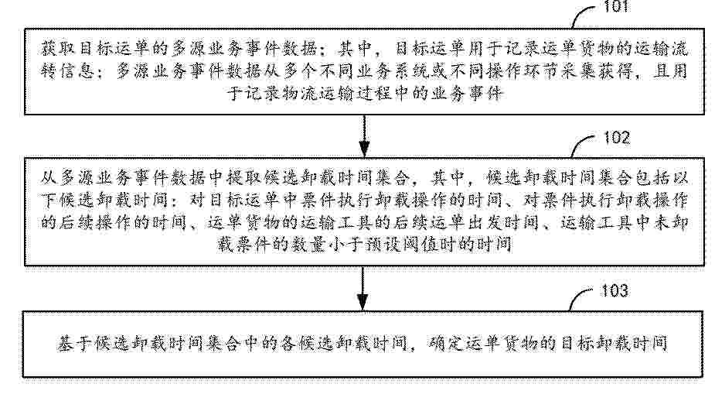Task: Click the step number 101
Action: point(616,6)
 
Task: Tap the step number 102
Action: point(617,138)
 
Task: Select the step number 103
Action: point(615,290)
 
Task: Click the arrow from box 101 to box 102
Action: point(364,135)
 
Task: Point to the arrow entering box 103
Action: point(363,288)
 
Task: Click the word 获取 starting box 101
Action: point(59,49)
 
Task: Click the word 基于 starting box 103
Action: point(76,344)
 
